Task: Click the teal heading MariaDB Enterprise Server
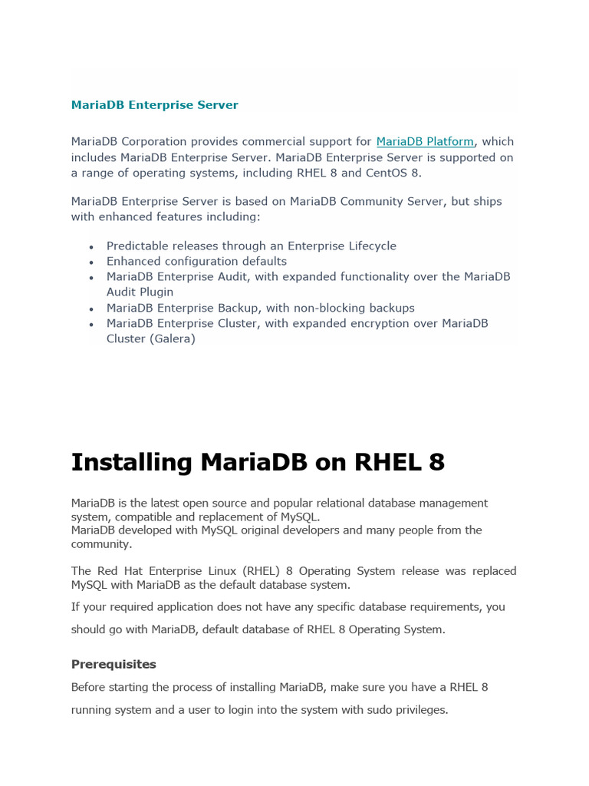tap(154, 105)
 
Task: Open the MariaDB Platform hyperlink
tap(425, 141)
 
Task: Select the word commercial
tap(277, 141)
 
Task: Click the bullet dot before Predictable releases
tap(92, 247)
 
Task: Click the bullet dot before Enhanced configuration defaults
tap(92, 263)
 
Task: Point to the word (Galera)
tap(172, 339)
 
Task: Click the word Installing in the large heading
tap(131, 463)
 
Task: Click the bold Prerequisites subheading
tap(114, 664)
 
